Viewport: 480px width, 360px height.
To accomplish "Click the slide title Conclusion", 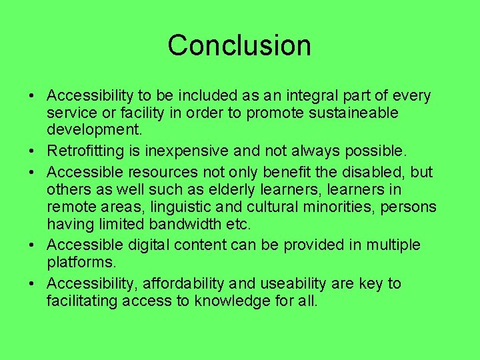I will click(239, 45).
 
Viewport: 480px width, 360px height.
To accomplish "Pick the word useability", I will click(293, 283).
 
